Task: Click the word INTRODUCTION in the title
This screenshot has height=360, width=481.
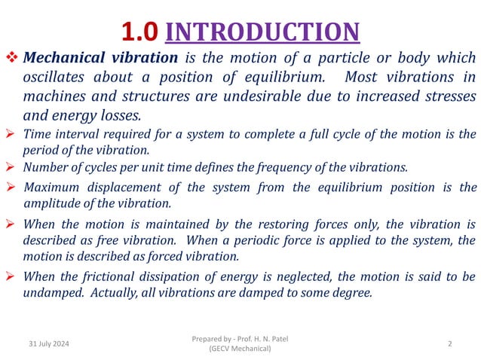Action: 262,32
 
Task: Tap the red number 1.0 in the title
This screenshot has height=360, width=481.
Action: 139,32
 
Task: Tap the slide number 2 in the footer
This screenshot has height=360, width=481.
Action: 449,343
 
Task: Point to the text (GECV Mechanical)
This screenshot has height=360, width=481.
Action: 240,349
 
